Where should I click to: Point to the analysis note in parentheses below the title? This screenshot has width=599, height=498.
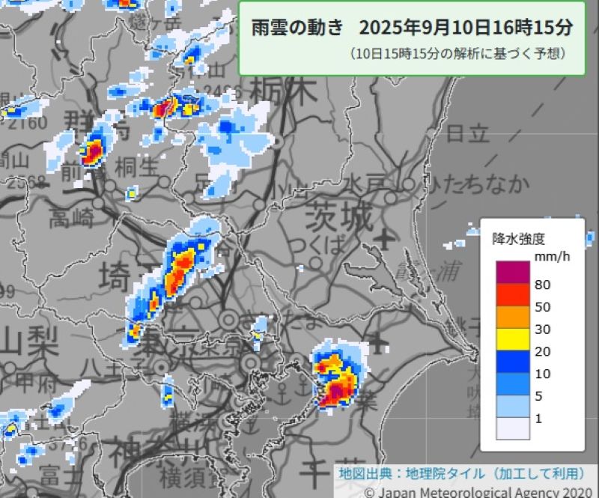pyautogui.click(x=457, y=54)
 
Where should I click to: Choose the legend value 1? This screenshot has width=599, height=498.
pyautogui.click(x=538, y=419)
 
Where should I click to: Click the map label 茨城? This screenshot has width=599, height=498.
pyautogui.click(x=338, y=218)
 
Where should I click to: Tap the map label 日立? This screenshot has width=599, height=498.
pyautogui.click(x=468, y=134)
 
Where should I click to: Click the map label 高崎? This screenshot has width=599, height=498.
pyautogui.click(x=72, y=219)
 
